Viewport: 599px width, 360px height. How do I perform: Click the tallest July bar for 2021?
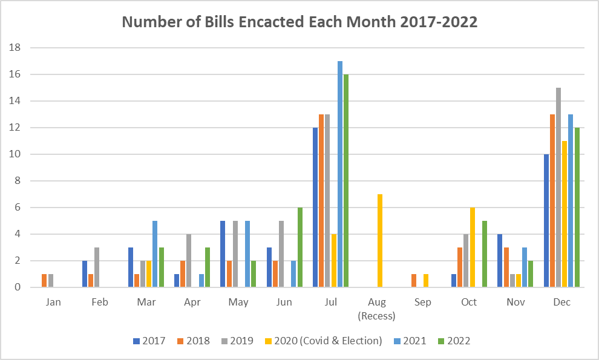pos(340,174)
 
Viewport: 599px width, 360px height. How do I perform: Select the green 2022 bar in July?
pos(346,181)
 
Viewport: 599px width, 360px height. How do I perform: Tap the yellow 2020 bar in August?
pos(380,240)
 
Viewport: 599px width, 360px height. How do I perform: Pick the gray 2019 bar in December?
pos(558,188)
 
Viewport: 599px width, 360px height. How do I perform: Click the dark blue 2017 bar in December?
pos(546,220)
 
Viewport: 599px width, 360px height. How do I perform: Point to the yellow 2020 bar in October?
pos(473,247)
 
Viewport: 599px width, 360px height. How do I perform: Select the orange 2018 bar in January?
pos(44,281)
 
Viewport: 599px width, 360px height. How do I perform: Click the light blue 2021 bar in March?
pos(155,254)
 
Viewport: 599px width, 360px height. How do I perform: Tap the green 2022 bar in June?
pos(300,247)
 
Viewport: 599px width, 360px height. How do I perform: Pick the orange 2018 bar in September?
pos(414,281)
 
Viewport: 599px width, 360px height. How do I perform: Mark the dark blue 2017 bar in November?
pos(500,261)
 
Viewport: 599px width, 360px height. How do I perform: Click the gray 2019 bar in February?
pos(97,267)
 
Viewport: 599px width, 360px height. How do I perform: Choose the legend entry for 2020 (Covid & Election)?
pos(324,341)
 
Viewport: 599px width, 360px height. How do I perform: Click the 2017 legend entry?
pos(149,341)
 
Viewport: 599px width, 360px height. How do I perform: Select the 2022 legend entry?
pos(454,341)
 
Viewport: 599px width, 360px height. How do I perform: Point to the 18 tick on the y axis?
pos(15,48)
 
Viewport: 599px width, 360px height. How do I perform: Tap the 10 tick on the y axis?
pos(15,154)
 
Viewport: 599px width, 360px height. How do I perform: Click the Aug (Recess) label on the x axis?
pos(377,309)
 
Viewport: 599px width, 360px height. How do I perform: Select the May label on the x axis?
pos(238,303)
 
